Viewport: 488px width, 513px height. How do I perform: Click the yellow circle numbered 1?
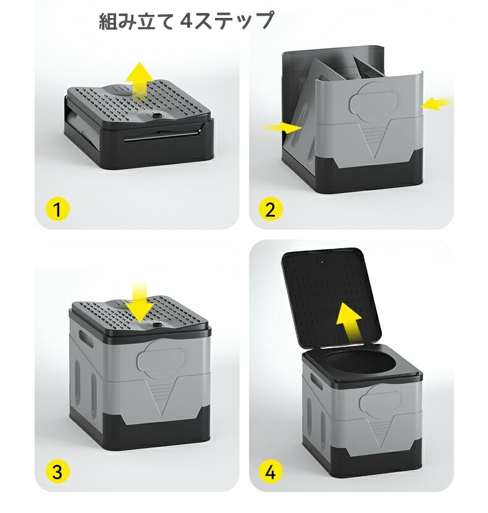(57, 209)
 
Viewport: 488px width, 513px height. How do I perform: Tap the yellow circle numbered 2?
(271, 209)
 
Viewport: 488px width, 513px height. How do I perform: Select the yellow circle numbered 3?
(57, 472)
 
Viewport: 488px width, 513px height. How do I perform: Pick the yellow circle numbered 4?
(271, 472)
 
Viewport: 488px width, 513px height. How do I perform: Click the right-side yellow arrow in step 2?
(437, 103)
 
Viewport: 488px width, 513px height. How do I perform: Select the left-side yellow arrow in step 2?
(282, 128)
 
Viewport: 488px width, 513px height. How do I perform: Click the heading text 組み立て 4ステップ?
(186, 20)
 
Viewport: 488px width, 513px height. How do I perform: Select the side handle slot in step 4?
(316, 381)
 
